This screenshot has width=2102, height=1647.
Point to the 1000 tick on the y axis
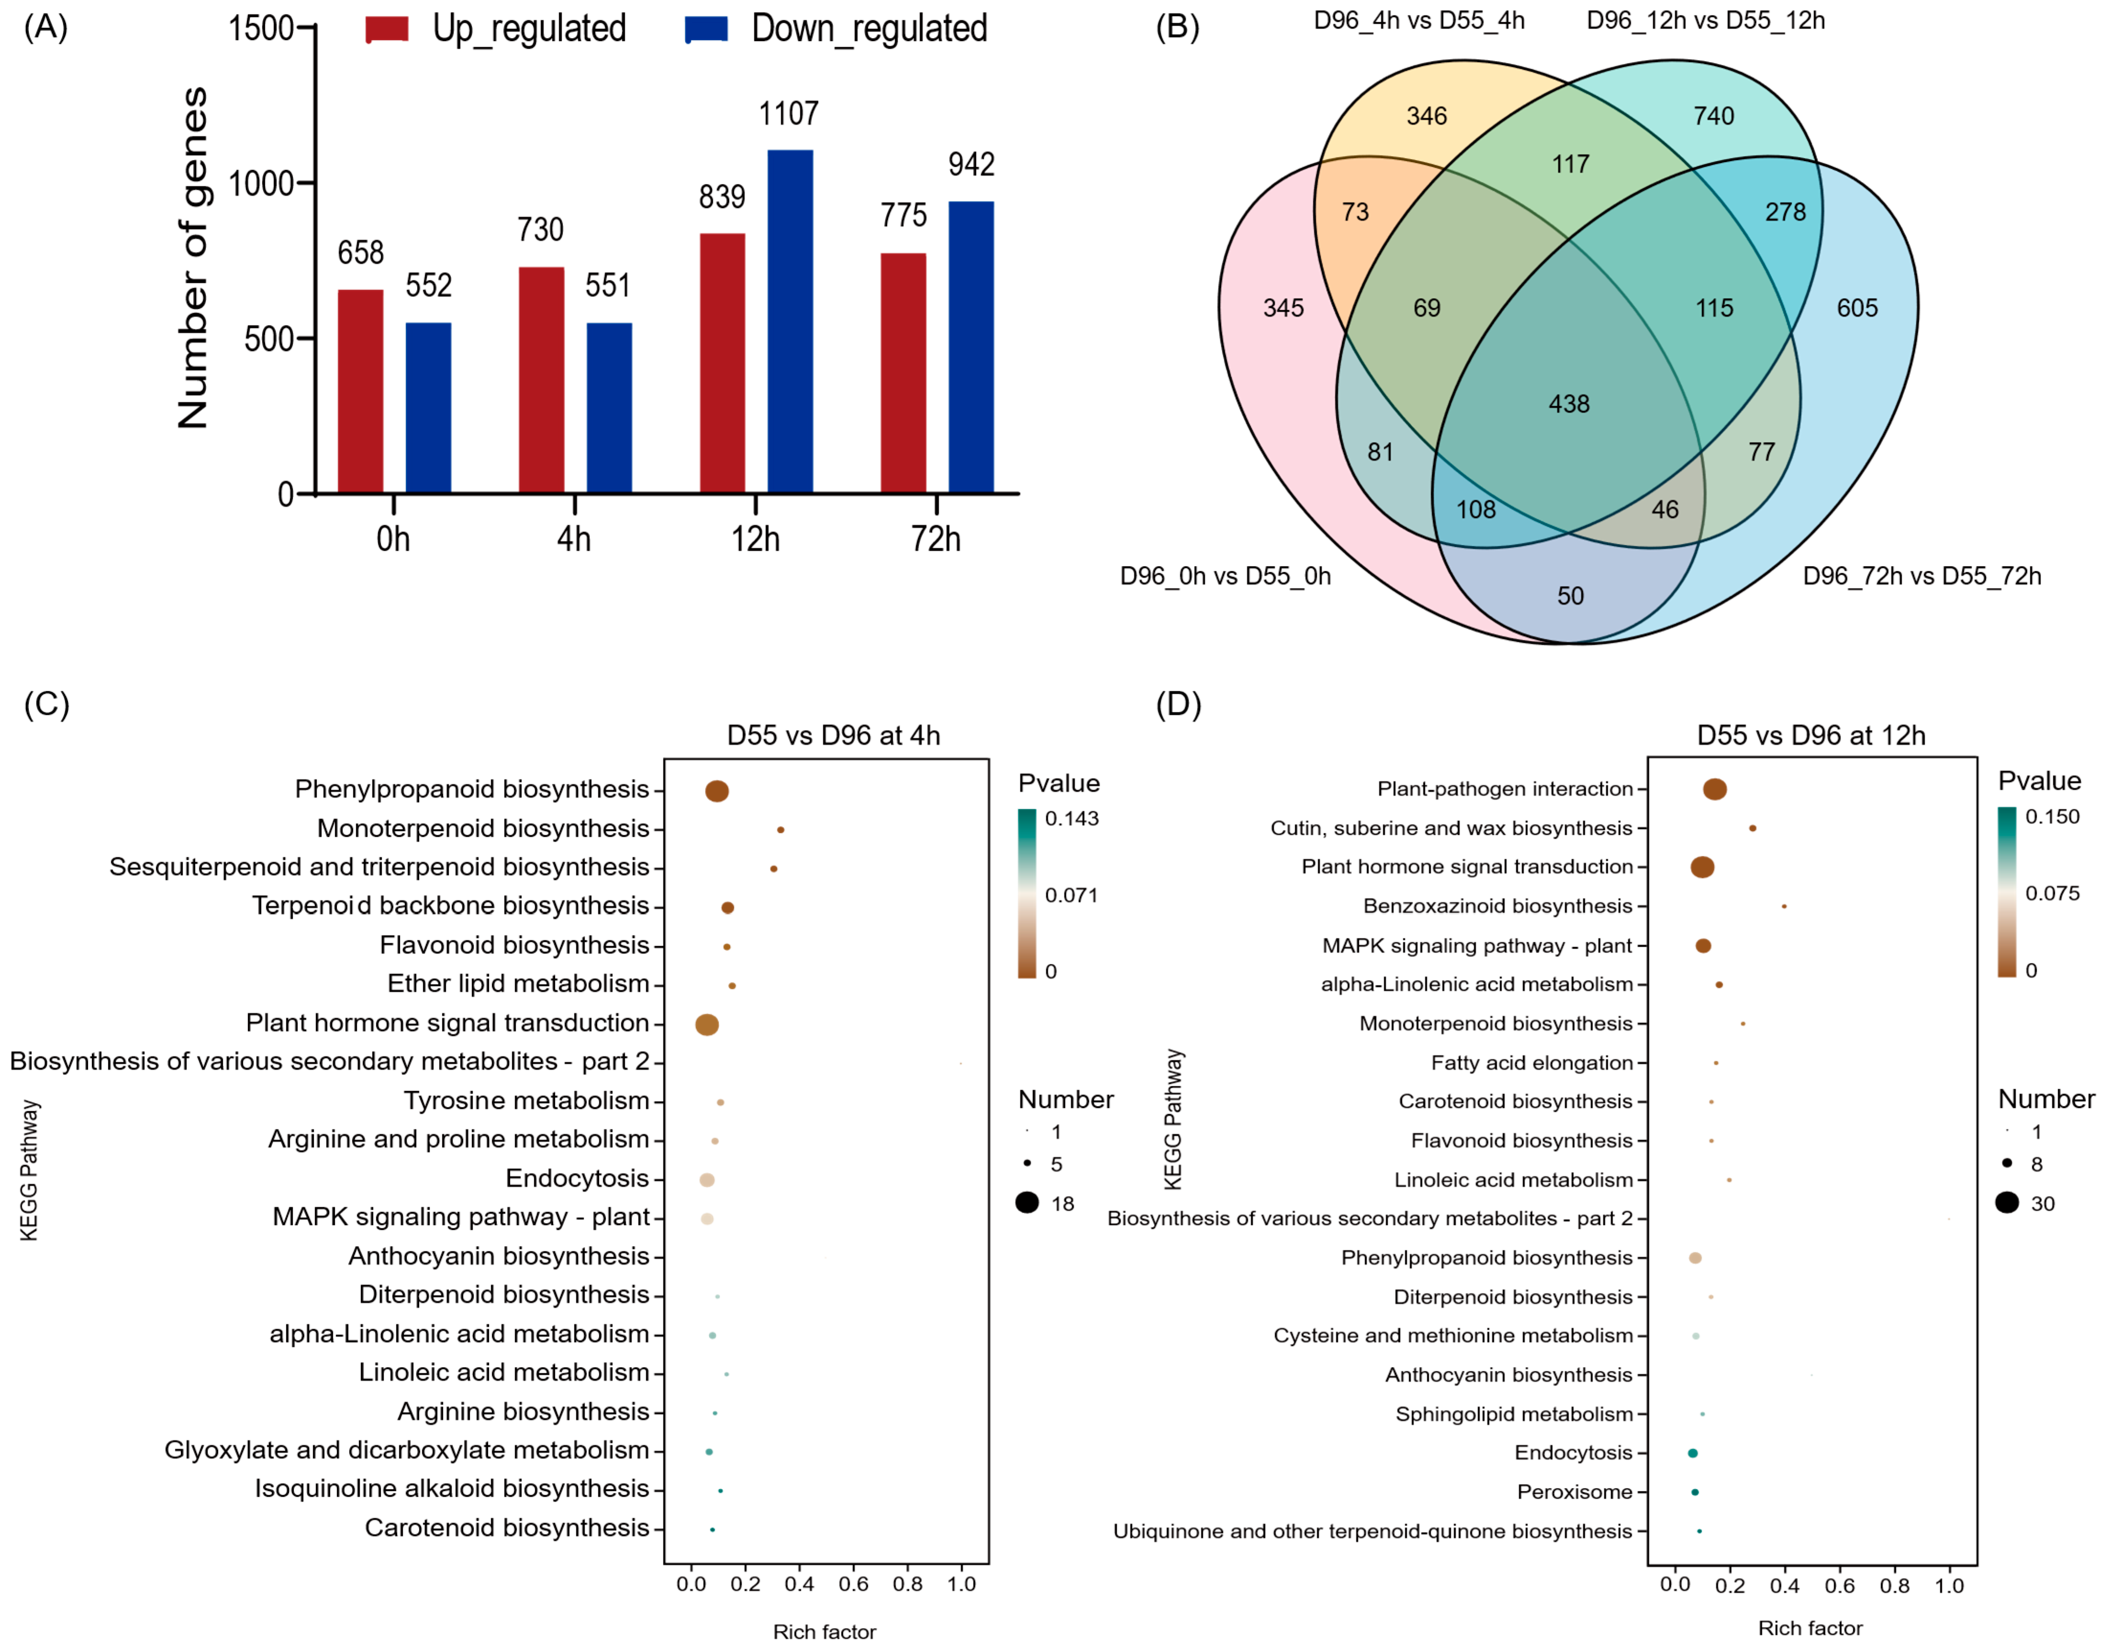[260, 183]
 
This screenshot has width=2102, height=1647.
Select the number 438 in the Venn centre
[1568, 404]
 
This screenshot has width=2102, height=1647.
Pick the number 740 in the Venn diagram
[1713, 116]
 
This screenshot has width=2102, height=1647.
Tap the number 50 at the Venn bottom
[1569, 596]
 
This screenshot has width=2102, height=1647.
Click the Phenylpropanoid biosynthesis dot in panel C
[717, 791]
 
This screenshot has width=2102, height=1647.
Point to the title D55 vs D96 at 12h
[1811, 736]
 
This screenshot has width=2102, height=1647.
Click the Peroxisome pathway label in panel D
[1574, 1492]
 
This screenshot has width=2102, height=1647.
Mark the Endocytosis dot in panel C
[707, 1180]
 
